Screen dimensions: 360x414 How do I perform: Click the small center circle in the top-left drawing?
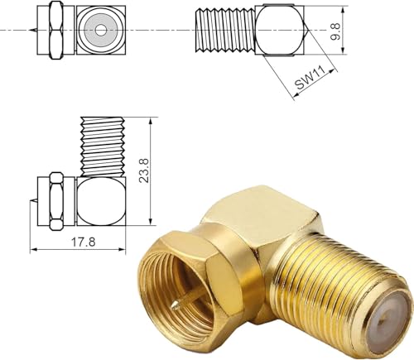click(x=100, y=29)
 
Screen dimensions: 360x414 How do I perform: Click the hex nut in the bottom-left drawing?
click(x=55, y=201)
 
